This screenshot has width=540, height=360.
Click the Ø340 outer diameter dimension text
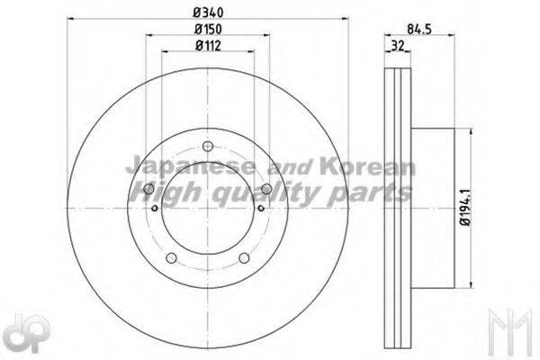tap(208, 12)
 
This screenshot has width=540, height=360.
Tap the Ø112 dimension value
tap(208, 47)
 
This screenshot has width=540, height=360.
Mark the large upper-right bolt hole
tap(267, 187)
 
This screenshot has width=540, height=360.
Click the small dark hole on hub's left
tap(156, 211)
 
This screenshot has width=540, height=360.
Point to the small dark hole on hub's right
tap(260, 211)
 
